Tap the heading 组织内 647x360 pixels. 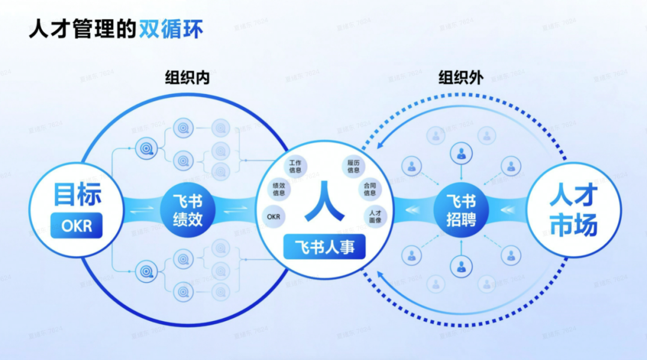(188, 78)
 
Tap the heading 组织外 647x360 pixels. (461, 78)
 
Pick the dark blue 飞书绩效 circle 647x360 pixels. (188, 210)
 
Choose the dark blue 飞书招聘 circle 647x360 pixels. (461, 210)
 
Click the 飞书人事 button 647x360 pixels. (324, 247)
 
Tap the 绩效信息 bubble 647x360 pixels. (279, 189)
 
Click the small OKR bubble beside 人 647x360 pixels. (274, 216)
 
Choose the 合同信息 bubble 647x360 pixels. (370, 189)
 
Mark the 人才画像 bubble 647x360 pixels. (376, 216)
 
